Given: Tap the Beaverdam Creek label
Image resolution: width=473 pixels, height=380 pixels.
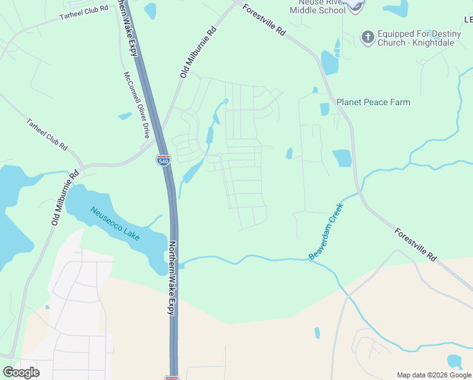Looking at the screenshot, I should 326,231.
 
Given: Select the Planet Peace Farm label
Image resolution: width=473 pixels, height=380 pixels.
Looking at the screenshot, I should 373,102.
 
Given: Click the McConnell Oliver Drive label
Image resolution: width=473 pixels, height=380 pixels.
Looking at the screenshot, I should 137,104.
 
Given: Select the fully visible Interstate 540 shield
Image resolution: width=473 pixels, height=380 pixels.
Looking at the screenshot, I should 163,160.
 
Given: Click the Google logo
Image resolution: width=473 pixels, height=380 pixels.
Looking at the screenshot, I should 21,372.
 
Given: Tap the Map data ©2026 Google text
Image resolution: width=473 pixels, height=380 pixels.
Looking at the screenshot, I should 434,375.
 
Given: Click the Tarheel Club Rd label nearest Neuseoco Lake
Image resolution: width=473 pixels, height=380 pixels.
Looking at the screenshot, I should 47,135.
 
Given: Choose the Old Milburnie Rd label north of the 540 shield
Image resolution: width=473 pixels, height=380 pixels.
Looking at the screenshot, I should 199,53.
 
